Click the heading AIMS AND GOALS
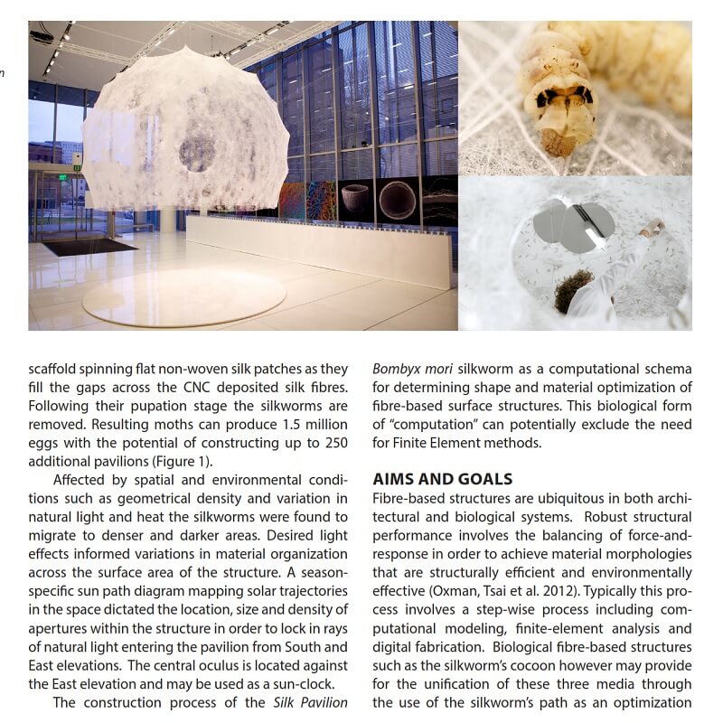(442, 479)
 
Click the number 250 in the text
(335, 443)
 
